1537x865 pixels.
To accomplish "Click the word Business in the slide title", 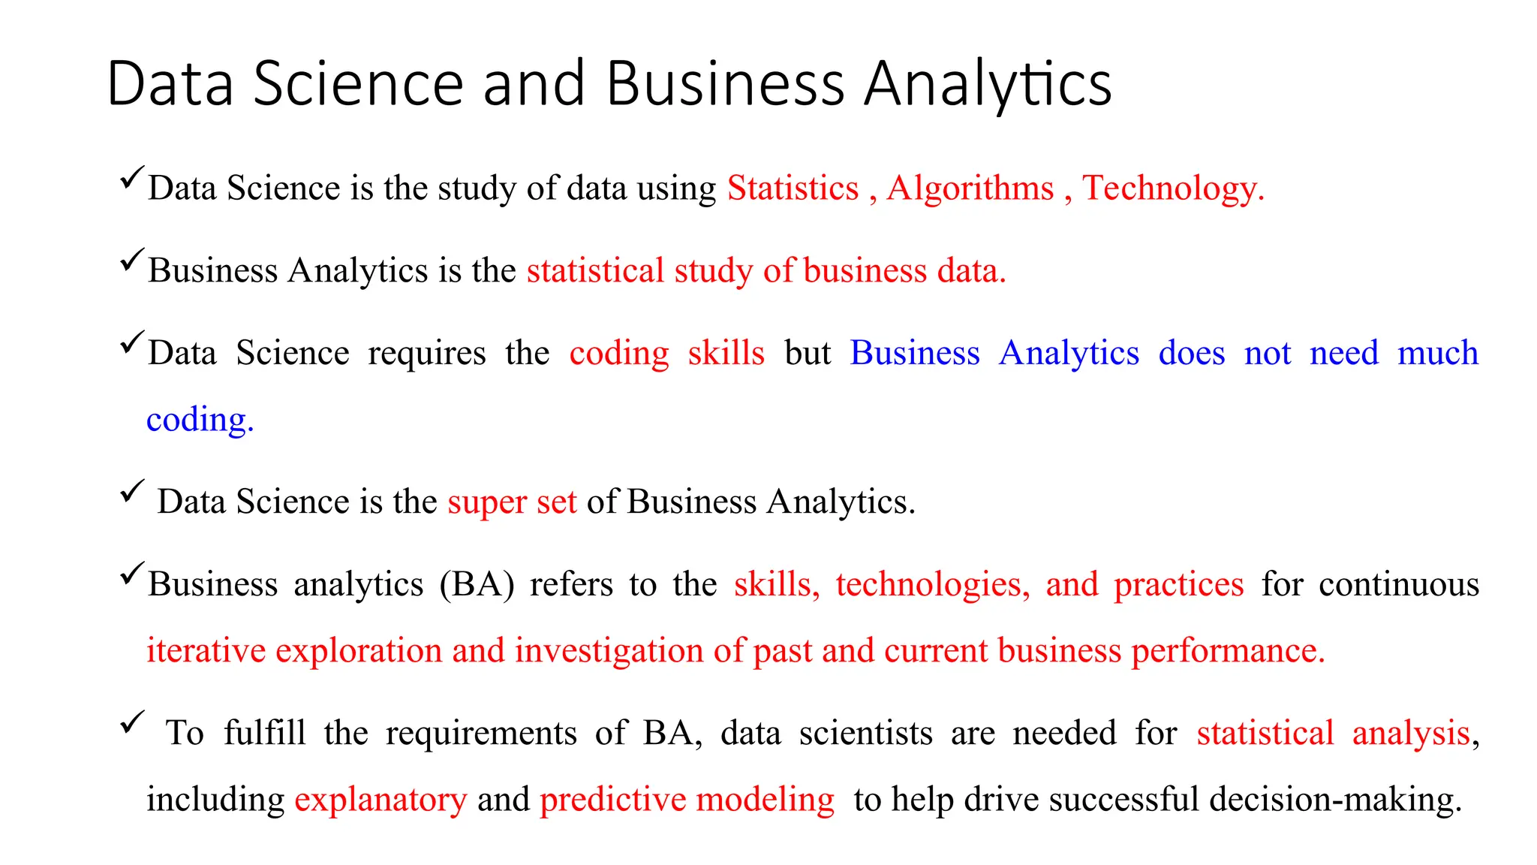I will tap(725, 83).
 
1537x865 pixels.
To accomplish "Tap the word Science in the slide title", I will tap(358, 83).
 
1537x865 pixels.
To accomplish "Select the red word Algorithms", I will tap(970, 188).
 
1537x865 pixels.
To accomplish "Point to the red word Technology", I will tap(1172, 188).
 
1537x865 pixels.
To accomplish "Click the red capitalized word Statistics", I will tap(793, 188).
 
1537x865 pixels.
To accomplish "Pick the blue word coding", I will tap(199, 420).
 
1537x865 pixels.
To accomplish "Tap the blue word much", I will tap(1437, 353).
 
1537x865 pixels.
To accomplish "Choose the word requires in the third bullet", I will tap(426, 354).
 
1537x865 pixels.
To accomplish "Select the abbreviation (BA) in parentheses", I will tap(477, 585).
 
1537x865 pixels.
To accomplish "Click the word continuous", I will tap(1399, 584).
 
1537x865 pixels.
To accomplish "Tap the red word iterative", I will tap(206, 650).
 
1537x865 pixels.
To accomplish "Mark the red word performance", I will tap(1228, 651).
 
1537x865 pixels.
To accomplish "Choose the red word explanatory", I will tap(380, 800).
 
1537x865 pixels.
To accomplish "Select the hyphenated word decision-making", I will tap(1335, 800).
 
